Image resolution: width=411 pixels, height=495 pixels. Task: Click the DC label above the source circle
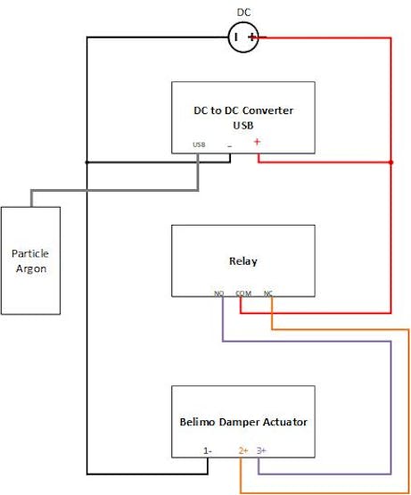[x=243, y=12]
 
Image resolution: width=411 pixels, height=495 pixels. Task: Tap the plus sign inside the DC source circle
[x=252, y=37]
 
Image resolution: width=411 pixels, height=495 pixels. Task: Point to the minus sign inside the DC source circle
[x=236, y=37]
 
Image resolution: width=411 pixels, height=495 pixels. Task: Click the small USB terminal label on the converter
[x=199, y=144]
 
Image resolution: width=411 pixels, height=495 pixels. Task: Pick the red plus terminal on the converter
[x=257, y=142]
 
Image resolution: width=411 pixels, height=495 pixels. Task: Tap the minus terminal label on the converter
[x=230, y=146]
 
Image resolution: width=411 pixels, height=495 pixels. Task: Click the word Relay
[x=243, y=261]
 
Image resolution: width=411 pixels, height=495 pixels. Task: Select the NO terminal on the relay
[x=218, y=293]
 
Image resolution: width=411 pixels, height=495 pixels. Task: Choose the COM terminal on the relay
[x=243, y=293]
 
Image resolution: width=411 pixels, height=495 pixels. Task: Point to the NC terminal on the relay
[x=268, y=293]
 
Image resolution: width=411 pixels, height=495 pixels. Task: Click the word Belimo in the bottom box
[x=197, y=422]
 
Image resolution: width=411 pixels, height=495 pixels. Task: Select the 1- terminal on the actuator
[x=208, y=450]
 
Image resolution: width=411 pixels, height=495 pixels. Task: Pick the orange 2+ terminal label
[x=243, y=450]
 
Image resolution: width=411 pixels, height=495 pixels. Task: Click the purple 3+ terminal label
[x=261, y=450]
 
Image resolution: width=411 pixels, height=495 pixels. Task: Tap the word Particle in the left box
[x=30, y=253]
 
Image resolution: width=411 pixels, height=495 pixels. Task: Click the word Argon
[x=31, y=269]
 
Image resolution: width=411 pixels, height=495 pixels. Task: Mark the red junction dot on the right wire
[x=391, y=162]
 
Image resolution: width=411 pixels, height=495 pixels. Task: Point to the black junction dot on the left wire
[x=87, y=162]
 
